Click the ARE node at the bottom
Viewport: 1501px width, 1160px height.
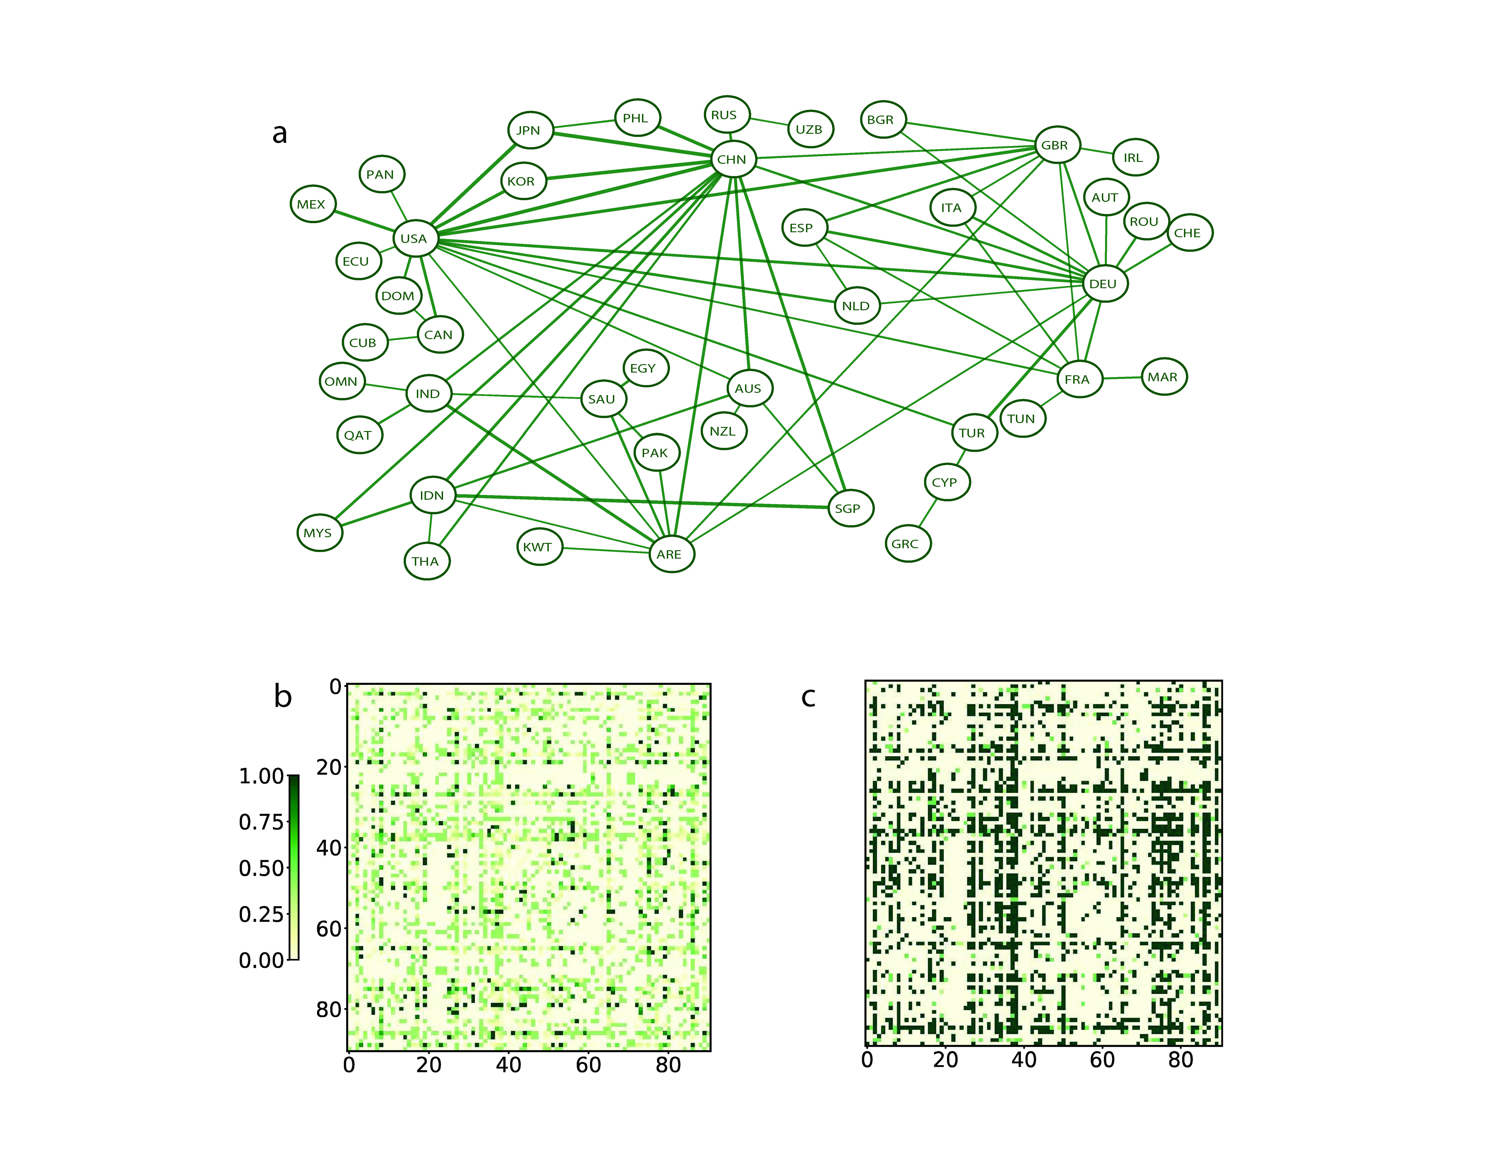(x=671, y=554)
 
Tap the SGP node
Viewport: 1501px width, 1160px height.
(x=850, y=509)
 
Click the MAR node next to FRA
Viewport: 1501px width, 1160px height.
(x=1164, y=377)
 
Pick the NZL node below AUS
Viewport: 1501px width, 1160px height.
(x=724, y=431)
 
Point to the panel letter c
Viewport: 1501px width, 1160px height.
(x=808, y=697)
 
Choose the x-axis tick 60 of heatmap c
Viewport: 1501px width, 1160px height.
(x=1102, y=1060)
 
